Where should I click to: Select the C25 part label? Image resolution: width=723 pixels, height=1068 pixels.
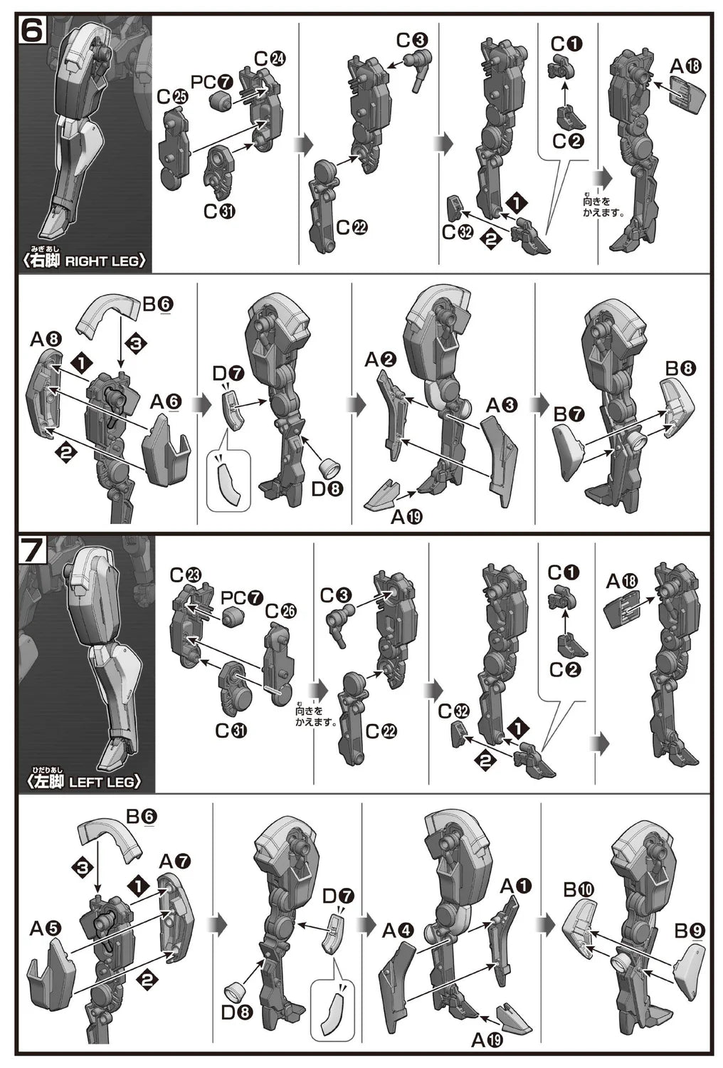pos(173,98)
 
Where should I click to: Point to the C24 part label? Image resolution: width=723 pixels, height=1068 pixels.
pos(269,59)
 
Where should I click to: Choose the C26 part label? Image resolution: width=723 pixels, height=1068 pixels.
pos(280,612)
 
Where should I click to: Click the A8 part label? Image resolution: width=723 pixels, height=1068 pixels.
pos(46,339)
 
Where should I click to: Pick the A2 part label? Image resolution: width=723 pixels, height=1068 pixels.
pos(380,360)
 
